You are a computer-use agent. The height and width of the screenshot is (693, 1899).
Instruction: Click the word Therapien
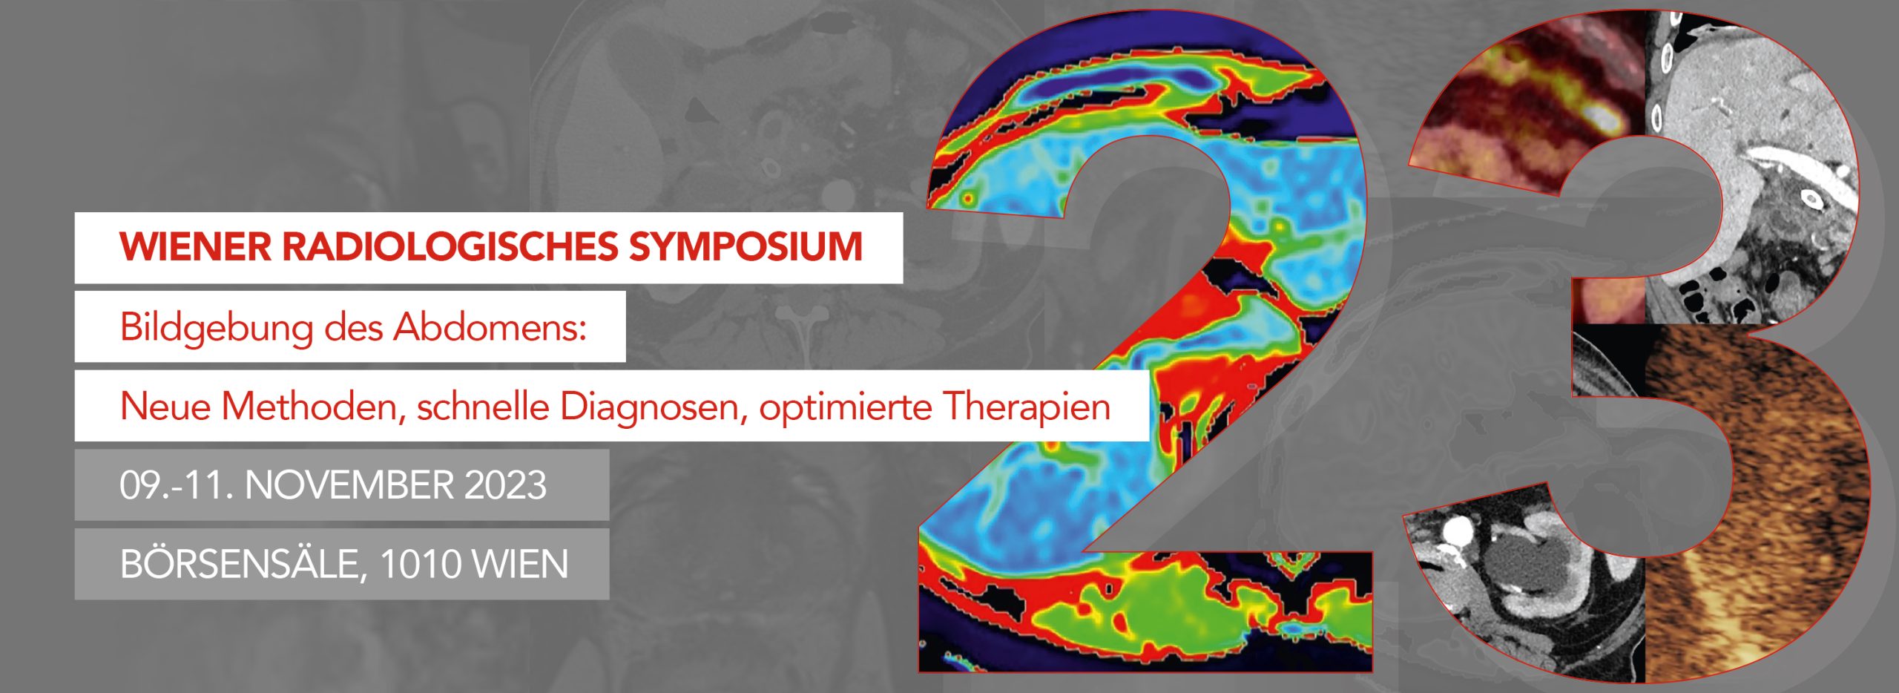click(x=1027, y=407)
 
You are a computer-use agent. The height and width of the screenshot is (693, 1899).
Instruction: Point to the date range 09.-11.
click(x=177, y=485)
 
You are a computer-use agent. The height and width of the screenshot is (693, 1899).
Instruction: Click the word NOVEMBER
click(x=349, y=485)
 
